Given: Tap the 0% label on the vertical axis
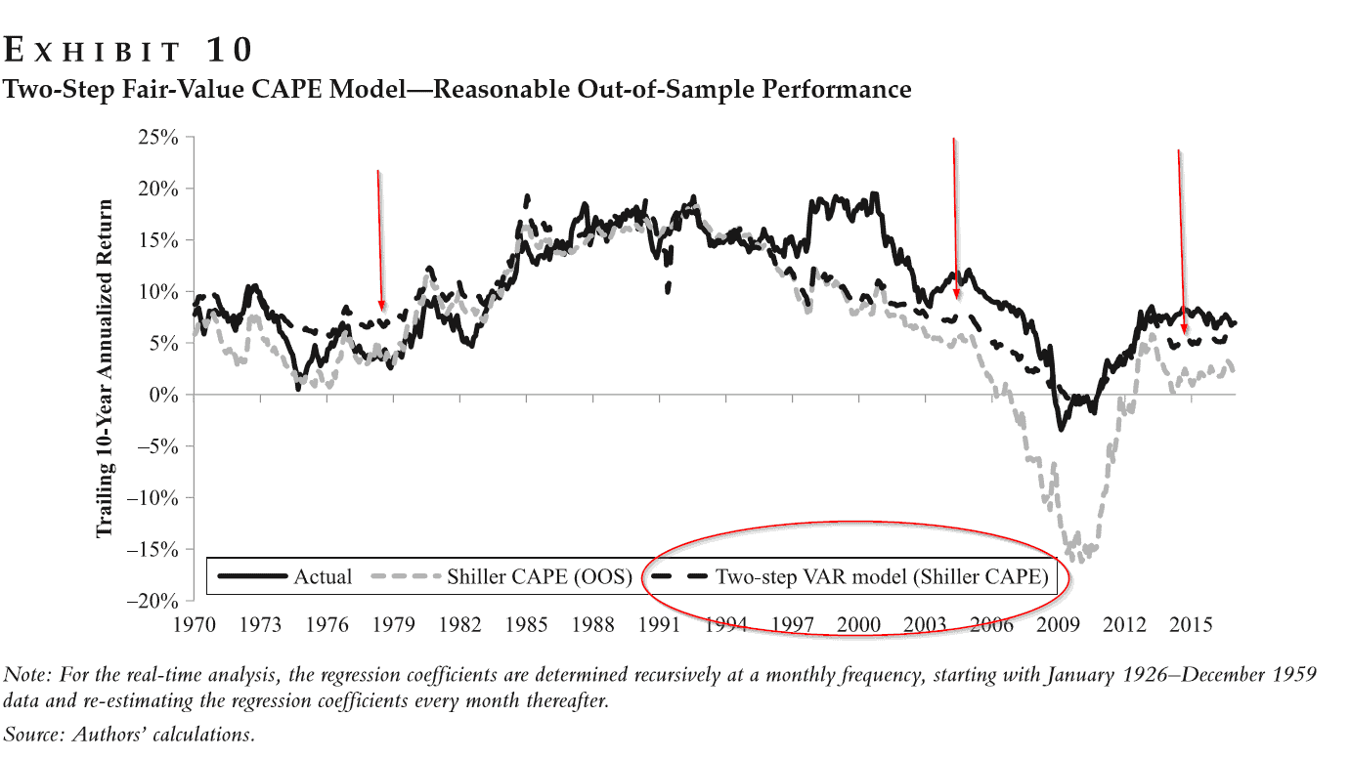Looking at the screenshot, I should [168, 395].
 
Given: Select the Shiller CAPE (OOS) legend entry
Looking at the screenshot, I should [508, 576].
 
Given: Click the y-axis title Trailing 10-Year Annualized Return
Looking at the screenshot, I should [104, 369].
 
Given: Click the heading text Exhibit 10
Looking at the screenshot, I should [130, 49].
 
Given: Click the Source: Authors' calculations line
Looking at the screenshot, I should [130, 734].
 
